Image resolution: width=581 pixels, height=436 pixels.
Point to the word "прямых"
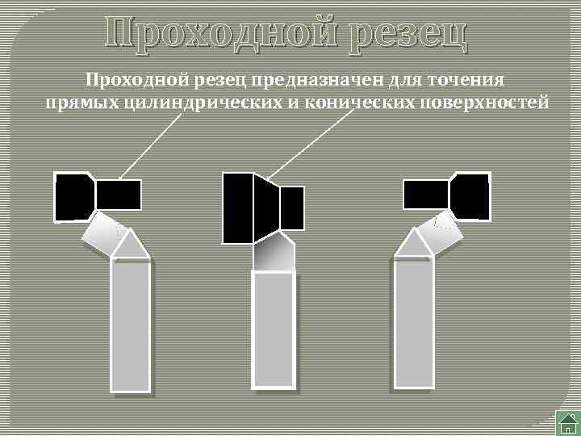79,103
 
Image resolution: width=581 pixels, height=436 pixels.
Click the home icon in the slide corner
567,422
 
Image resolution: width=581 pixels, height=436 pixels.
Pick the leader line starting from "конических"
311,144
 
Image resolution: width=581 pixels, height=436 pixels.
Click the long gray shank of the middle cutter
274,331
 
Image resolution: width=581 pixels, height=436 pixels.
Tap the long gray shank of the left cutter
131,327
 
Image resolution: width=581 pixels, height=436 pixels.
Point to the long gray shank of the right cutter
414,327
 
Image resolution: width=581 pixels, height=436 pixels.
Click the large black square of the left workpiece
74,195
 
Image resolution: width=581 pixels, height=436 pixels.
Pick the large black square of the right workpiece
470,195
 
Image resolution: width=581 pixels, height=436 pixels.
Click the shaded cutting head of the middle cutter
274,253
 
